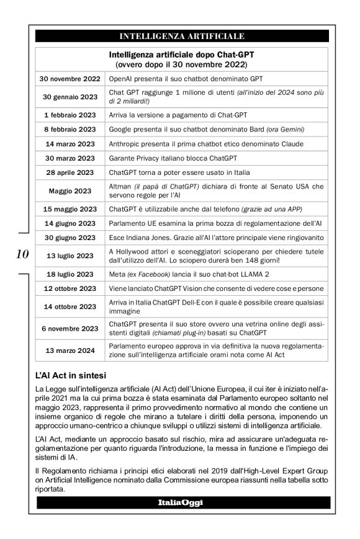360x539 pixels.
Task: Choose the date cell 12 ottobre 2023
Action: (x=70, y=288)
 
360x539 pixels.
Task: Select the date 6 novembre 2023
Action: (x=70, y=328)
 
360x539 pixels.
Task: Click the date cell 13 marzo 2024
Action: (x=70, y=350)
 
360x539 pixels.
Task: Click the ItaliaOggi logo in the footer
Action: (x=182, y=501)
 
